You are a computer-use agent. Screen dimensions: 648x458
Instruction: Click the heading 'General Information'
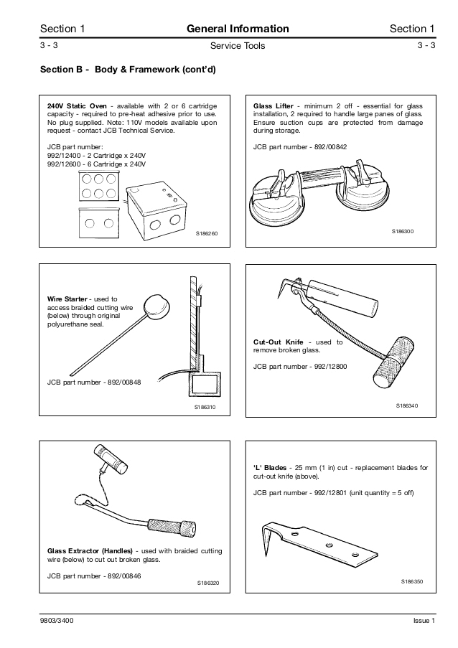[x=238, y=29]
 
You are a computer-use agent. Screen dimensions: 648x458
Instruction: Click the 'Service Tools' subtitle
[x=238, y=46]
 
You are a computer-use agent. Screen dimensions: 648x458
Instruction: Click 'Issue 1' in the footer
[x=424, y=621]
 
